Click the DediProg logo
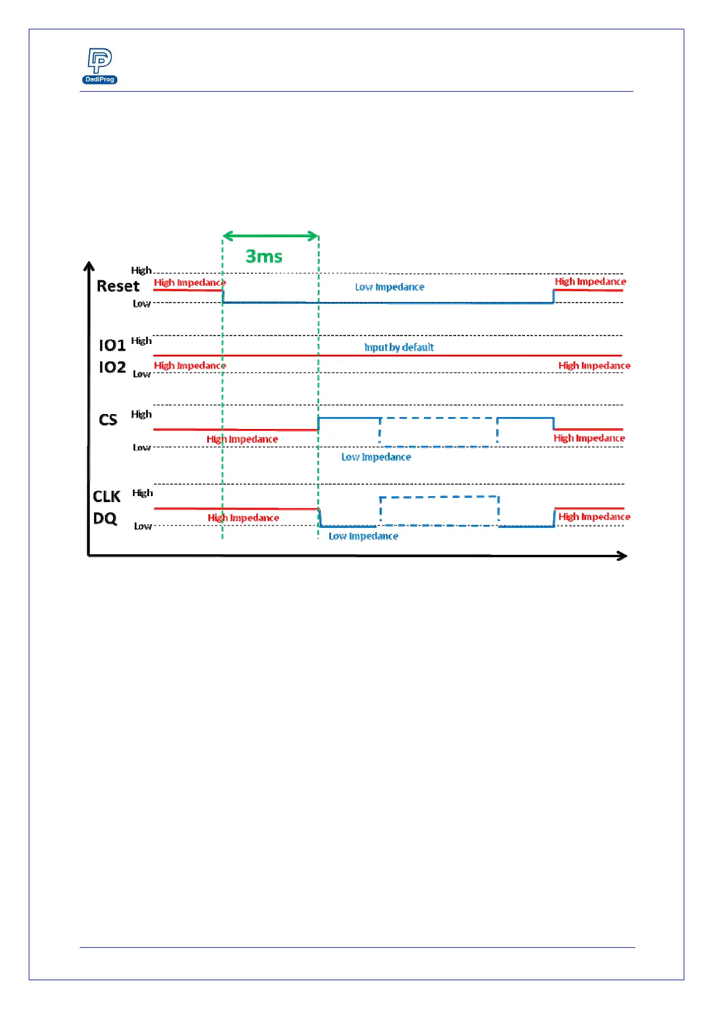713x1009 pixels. pyautogui.click(x=99, y=65)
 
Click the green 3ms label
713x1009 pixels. pyautogui.click(x=264, y=256)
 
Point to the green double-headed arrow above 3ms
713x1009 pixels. pyautogui.click(x=270, y=236)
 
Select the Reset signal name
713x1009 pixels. pyautogui.click(x=118, y=286)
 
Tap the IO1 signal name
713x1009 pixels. pyautogui.click(x=112, y=345)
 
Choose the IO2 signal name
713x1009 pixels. pyautogui.click(x=112, y=367)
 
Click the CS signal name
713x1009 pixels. pyautogui.click(x=108, y=419)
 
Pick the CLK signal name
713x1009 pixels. pyautogui.click(x=107, y=497)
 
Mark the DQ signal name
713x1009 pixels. pyautogui.click(x=105, y=518)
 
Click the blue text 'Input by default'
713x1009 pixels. pyautogui.click(x=399, y=348)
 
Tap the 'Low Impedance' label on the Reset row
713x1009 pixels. pyautogui.click(x=389, y=287)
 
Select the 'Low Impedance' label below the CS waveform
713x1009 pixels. pyautogui.click(x=376, y=457)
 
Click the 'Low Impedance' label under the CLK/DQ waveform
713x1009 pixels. pyautogui.click(x=363, y=536)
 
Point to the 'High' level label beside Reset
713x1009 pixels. pyautogui.click(x=141, y=271)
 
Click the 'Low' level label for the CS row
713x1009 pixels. pyautogui.click(x=141, y=448)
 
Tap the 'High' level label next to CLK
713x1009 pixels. pyautogui.click(x=142, y=493)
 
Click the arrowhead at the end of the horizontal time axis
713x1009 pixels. pyautogui.click(x=623, y=556)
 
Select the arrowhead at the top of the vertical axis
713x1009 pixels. pyautogui.click(x=89, y=266)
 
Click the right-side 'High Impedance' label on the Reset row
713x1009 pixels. pyautogui.click(x=590, y=282)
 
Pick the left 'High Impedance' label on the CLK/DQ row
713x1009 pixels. pyautogui.click(x=243, y=518)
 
